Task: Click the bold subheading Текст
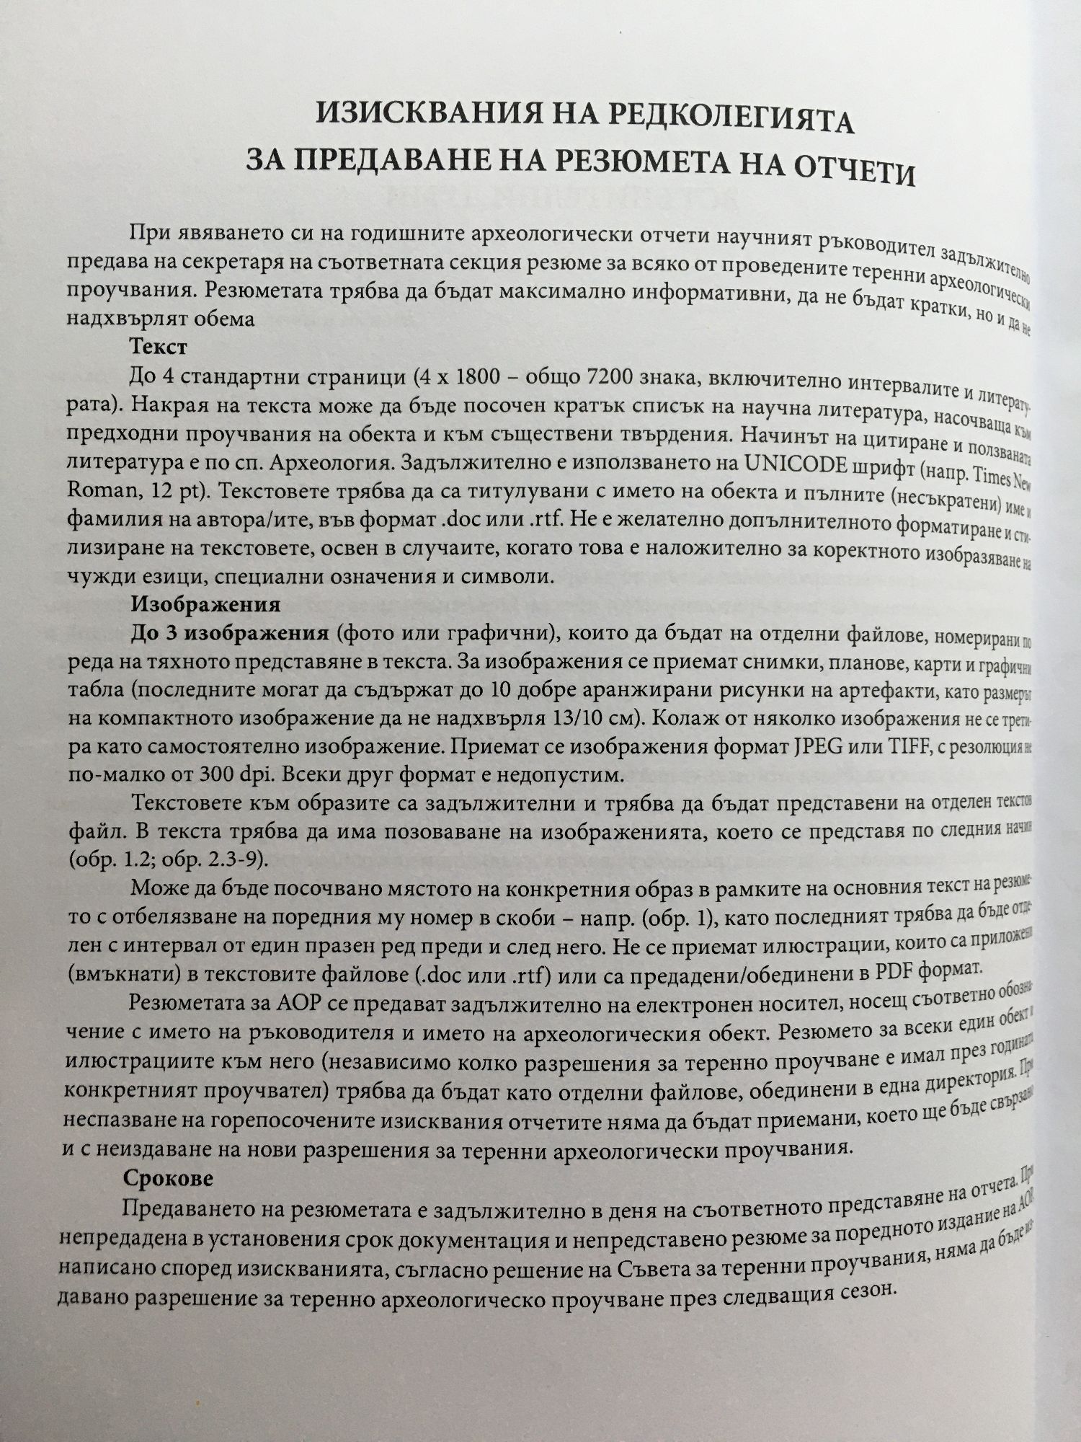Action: (x=158, y=348)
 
